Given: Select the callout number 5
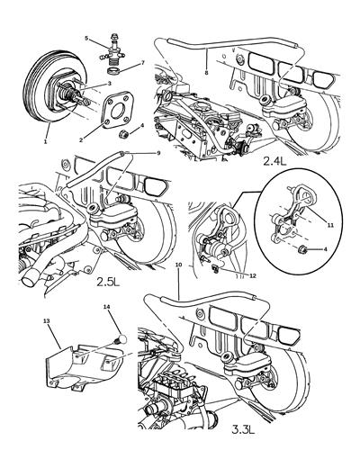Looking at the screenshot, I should click(x=88, y=39).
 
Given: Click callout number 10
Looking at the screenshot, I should click(x=180, y=265).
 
